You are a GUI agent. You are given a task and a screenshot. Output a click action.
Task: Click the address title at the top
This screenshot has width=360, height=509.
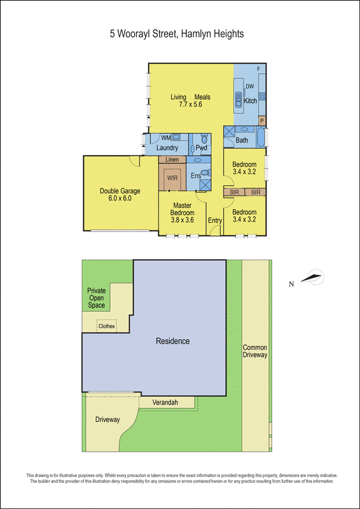click(177, 34)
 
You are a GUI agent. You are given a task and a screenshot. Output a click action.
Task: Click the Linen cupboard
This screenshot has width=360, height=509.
click(172, 160)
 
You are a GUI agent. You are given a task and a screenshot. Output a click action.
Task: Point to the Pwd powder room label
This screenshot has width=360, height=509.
click(201, 148)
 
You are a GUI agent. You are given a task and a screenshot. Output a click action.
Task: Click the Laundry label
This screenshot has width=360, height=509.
click(167, 148)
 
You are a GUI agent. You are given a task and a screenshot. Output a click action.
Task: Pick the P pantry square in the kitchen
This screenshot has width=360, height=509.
click(262, 121)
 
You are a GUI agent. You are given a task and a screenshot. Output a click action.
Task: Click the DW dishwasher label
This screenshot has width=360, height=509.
click(249, 86)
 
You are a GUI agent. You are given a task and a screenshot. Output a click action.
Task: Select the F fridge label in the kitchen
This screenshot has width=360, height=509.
click(259, 69)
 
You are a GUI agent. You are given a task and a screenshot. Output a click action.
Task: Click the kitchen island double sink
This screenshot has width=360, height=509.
click(239, 100)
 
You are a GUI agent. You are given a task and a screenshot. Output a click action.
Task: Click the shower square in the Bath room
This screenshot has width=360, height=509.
click(229, 133)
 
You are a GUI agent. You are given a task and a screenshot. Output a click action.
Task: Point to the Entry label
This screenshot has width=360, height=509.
click(215, 220)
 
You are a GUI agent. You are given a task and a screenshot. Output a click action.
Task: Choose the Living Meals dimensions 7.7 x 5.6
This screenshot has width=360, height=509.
click(191, 104)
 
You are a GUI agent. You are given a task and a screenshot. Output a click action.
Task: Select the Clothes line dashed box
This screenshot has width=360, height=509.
click(106, 326)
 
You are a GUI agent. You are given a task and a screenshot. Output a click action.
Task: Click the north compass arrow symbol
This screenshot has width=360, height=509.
click(312, 278)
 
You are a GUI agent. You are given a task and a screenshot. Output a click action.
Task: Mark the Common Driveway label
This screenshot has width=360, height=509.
click(255, 351)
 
